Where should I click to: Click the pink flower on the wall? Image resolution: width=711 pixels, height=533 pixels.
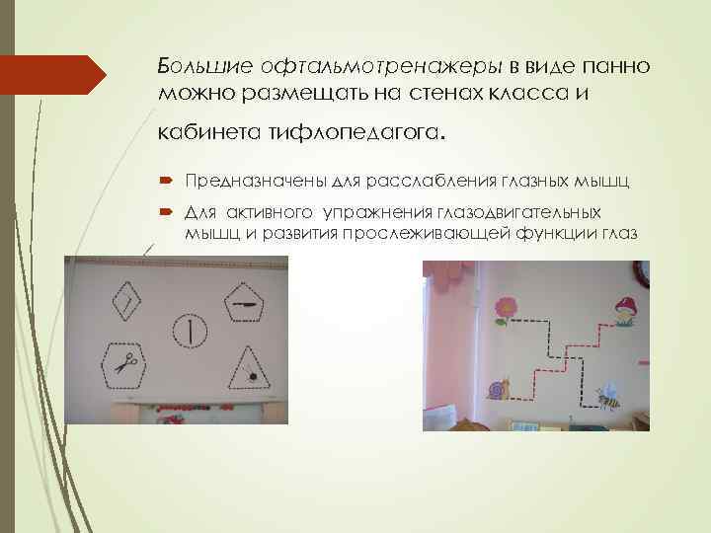click(x=507, y=308)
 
